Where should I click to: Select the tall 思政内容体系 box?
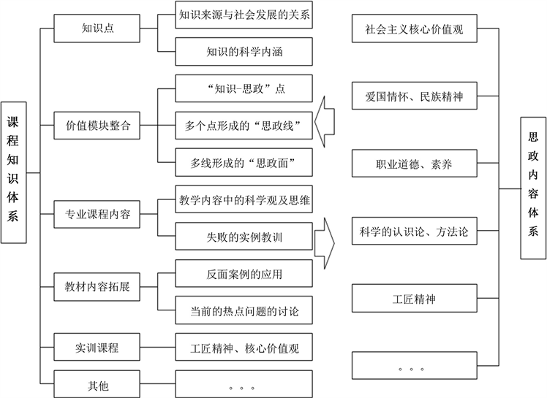coord(533,188)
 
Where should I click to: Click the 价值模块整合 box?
coord(97,124)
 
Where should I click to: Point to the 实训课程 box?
coord(97,348)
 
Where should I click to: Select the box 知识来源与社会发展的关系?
coord(244,15)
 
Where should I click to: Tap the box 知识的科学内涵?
coord(244,52)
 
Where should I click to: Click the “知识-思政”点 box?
coord(244,89)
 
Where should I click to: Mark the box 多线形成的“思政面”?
coord(244,161)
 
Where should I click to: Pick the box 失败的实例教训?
coord(244,237)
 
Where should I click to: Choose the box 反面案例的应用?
coord(244,275)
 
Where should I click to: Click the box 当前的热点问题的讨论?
coord(244,312)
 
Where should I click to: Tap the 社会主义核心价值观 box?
coord(414,30)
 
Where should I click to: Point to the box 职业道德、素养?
coord(414,164)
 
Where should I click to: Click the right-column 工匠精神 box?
coord(414,299)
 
